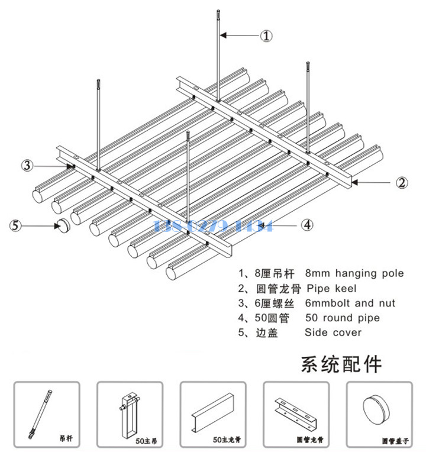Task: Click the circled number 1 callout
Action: click(267, 36)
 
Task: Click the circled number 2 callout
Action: click(402, 182)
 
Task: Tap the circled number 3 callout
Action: click(27, 165)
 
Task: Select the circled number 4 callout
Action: click(307, 225)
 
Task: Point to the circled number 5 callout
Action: click(17, 225)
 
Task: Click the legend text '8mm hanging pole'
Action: click(354, 273)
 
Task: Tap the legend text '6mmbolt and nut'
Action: click(350, 304)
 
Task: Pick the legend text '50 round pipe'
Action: click(342, 318)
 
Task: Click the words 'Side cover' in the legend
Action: click(333, 333)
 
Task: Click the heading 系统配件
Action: click(341, 364)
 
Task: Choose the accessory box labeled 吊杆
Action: click(47, 414)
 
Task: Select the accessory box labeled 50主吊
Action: click(130, 414)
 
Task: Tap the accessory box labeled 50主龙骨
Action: click(212, 414)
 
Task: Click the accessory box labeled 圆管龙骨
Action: click(295, 414)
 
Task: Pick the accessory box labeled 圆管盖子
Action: click(379, 414)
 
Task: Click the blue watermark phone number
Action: click(212, 225)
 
